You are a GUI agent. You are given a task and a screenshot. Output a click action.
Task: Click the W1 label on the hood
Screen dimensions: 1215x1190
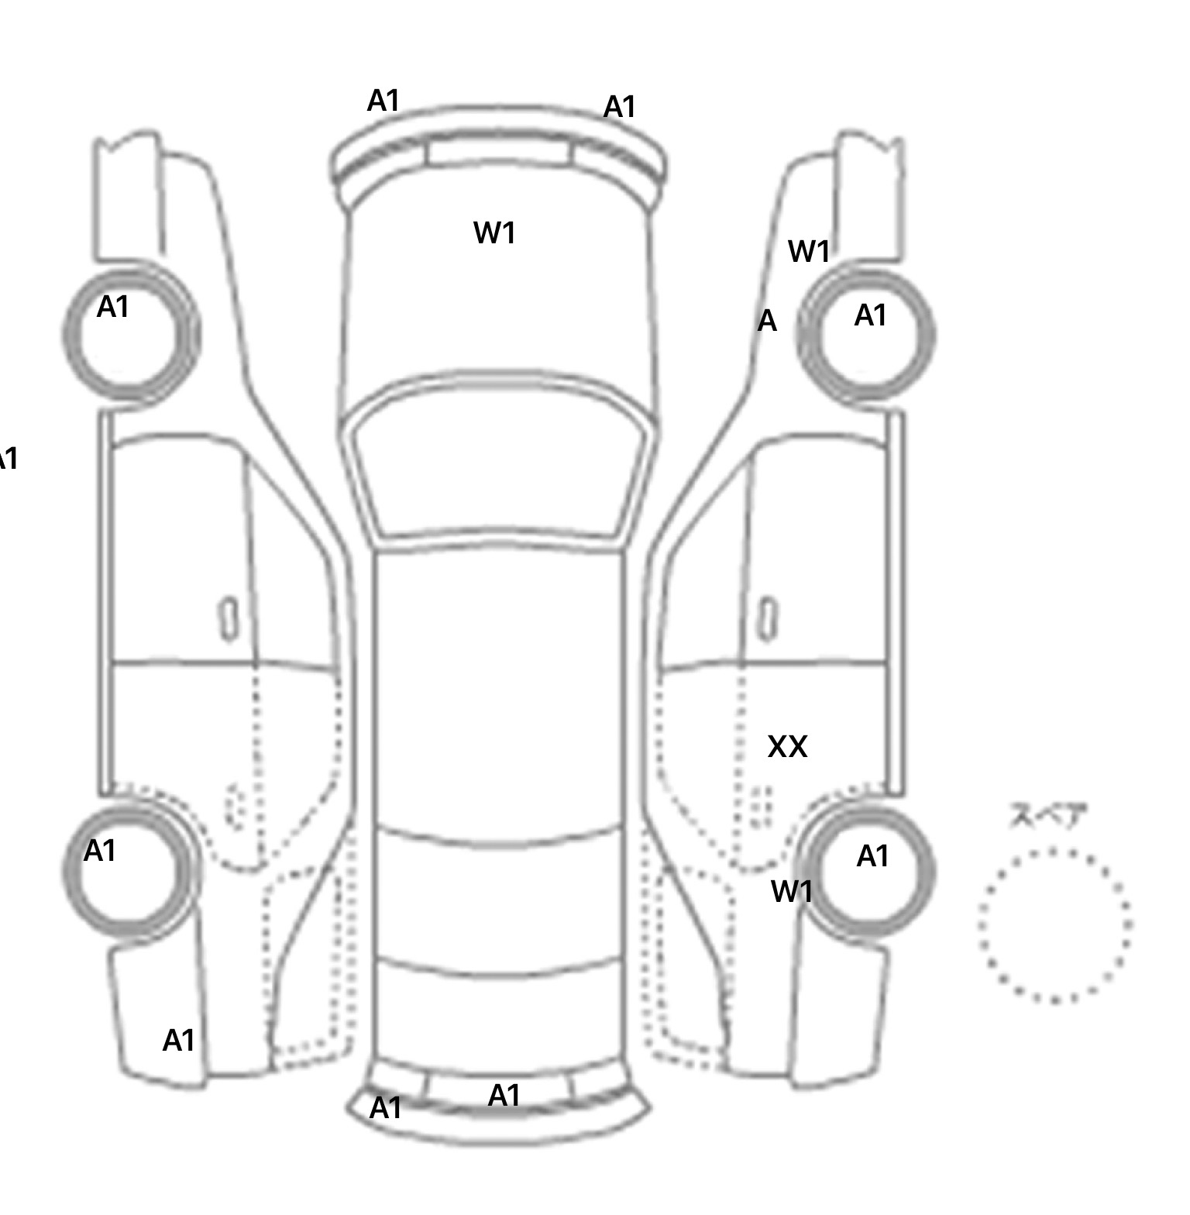(494, 232)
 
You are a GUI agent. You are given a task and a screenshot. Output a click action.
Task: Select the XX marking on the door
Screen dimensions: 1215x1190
(787, 747)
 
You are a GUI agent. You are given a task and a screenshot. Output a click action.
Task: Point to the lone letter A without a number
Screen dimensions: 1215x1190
(766, 321)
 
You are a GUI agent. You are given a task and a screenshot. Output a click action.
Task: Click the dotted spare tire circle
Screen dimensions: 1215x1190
(1054, 925)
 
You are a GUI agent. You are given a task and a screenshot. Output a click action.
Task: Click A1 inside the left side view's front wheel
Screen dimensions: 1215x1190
(113, 308)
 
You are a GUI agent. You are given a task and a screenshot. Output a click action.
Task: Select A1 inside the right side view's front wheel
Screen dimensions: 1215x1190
(870, 316)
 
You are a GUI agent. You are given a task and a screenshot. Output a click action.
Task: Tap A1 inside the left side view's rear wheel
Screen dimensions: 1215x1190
(100, 851)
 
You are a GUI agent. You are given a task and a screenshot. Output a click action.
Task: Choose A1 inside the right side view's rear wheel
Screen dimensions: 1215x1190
(873, 856)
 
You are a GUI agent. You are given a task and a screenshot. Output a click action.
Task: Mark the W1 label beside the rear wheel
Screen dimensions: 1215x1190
(791, 892)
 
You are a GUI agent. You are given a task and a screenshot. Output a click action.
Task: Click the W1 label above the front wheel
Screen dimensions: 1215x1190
(809, 251)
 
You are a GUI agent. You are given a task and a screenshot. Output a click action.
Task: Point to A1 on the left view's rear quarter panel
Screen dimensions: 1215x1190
(179, 1041)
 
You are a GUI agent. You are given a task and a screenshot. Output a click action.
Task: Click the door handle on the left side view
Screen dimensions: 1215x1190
(229, 619)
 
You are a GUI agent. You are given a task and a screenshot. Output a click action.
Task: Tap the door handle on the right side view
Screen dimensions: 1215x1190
(768, 619)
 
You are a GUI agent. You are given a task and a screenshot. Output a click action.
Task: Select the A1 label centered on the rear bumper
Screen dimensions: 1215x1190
(504, 1096)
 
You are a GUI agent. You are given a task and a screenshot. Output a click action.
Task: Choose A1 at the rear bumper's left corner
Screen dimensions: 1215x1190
(386, 1108)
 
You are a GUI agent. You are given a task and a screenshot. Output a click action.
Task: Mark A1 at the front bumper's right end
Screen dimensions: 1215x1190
(620, 107)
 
